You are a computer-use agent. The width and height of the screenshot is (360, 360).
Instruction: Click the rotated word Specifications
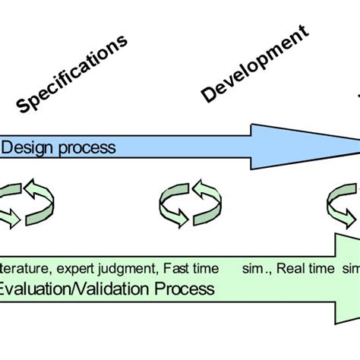(x=72, y=74)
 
